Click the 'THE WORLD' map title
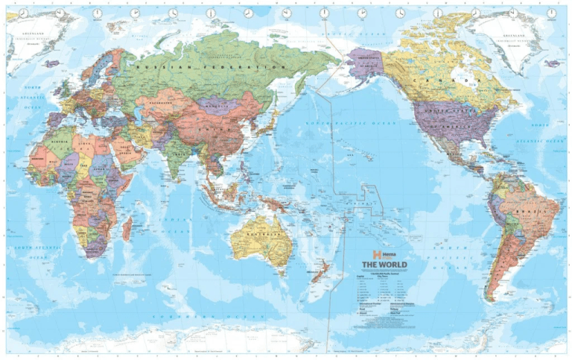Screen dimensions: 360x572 pos(384,264)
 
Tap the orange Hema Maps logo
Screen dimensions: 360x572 pos(367,253)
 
